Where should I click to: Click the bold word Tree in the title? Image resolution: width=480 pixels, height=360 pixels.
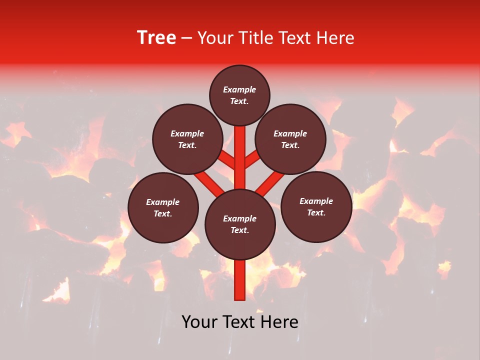click(156, 38)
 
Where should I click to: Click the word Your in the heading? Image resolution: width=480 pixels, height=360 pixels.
click(215, 38)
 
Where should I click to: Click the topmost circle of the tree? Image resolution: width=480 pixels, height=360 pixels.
click(239, 95)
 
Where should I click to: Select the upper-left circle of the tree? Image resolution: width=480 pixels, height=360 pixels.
click(187, 139)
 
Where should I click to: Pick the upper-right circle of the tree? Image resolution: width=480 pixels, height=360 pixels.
click(290, 139)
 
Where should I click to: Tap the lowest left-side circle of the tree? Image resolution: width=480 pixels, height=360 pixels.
click(163, 207)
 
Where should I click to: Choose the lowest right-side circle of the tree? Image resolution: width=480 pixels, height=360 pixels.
click(316, 206)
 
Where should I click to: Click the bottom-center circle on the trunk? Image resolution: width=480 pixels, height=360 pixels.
click(240, 224)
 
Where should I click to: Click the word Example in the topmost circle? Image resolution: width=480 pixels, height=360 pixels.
click(239, 89)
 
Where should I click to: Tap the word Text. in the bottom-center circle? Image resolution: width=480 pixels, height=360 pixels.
click(239, 230)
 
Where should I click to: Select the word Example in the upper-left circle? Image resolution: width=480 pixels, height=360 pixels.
click(187, 133)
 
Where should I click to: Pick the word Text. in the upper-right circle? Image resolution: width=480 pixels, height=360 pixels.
click(290, 145)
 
